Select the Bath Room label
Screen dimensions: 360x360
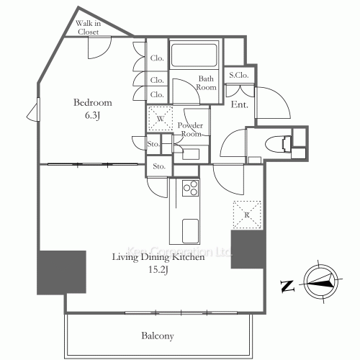[207, 83]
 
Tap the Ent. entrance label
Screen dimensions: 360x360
[240, 105]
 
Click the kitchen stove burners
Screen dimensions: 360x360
[192, 188]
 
